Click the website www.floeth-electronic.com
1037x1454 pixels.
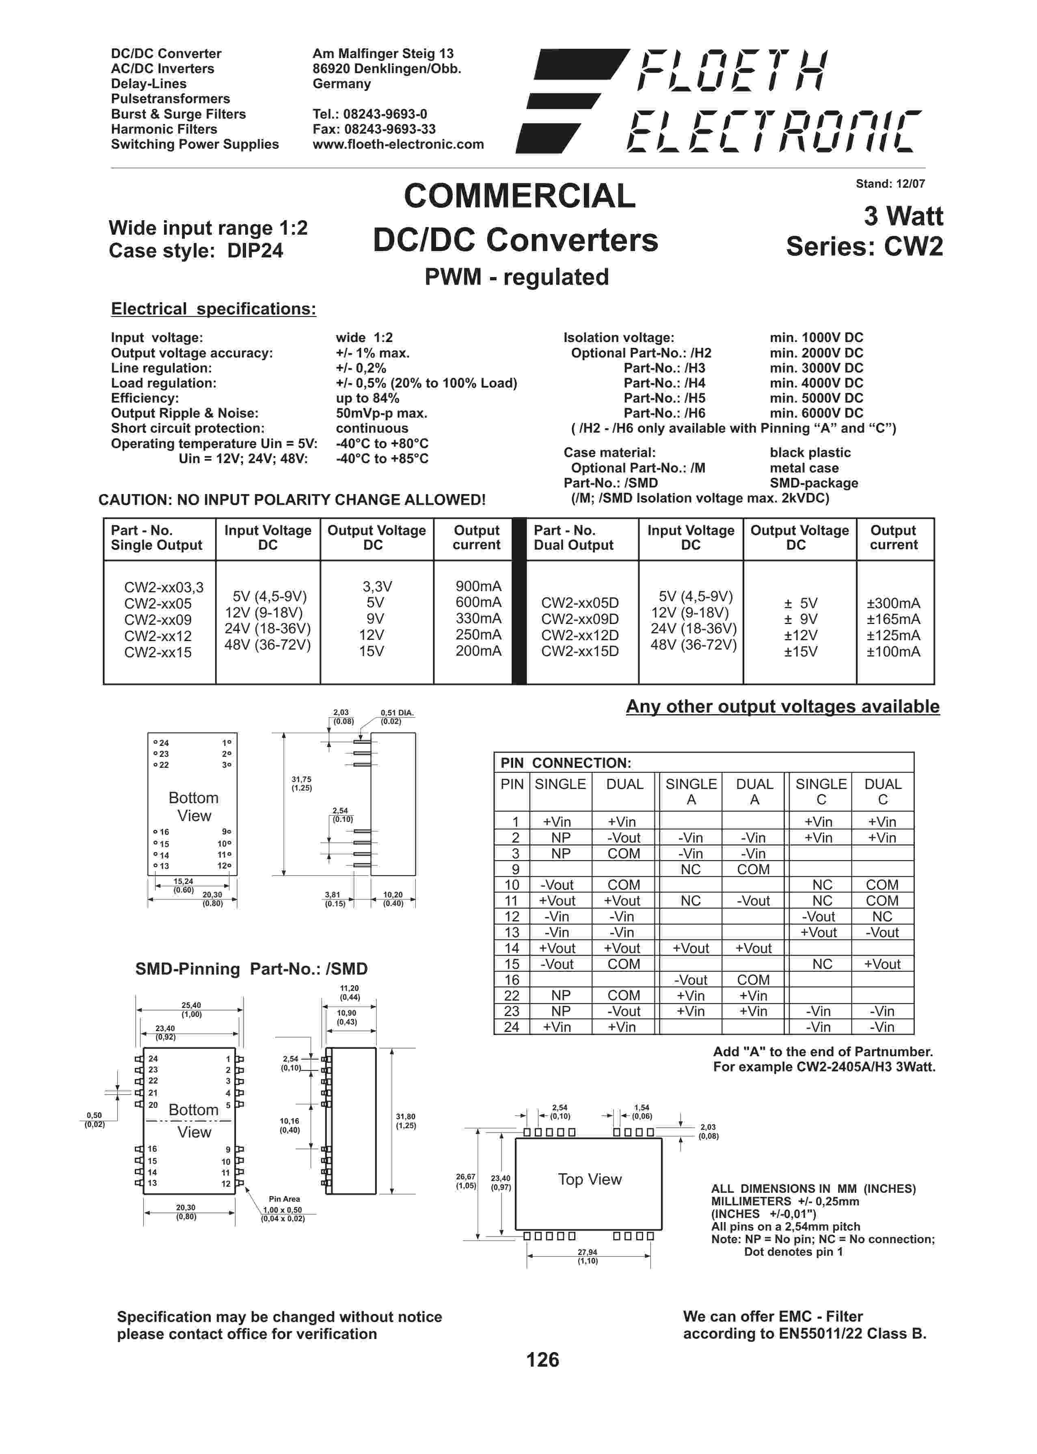pos(398,144)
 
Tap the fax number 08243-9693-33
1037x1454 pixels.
pos(389,129)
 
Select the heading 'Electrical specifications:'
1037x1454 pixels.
pos(213,309)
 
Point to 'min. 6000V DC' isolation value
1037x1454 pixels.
pos(816,413)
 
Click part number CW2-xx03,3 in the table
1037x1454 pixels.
pos(164,587)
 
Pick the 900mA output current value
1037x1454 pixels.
pos(478,587)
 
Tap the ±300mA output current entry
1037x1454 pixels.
pos(893,603)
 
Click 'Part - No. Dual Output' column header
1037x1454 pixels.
pos(573,538)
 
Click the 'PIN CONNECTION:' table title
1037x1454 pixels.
pos(566,763)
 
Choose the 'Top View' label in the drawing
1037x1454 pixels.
pos(590,1179)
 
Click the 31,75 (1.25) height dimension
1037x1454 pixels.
pos(301,783)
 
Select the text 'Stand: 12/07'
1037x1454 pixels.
pos(890,184)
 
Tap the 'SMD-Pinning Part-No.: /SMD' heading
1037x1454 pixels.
pos(251,969)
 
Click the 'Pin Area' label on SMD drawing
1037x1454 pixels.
pos(284,1199)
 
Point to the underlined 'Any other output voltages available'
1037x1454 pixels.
pos(782,706)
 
